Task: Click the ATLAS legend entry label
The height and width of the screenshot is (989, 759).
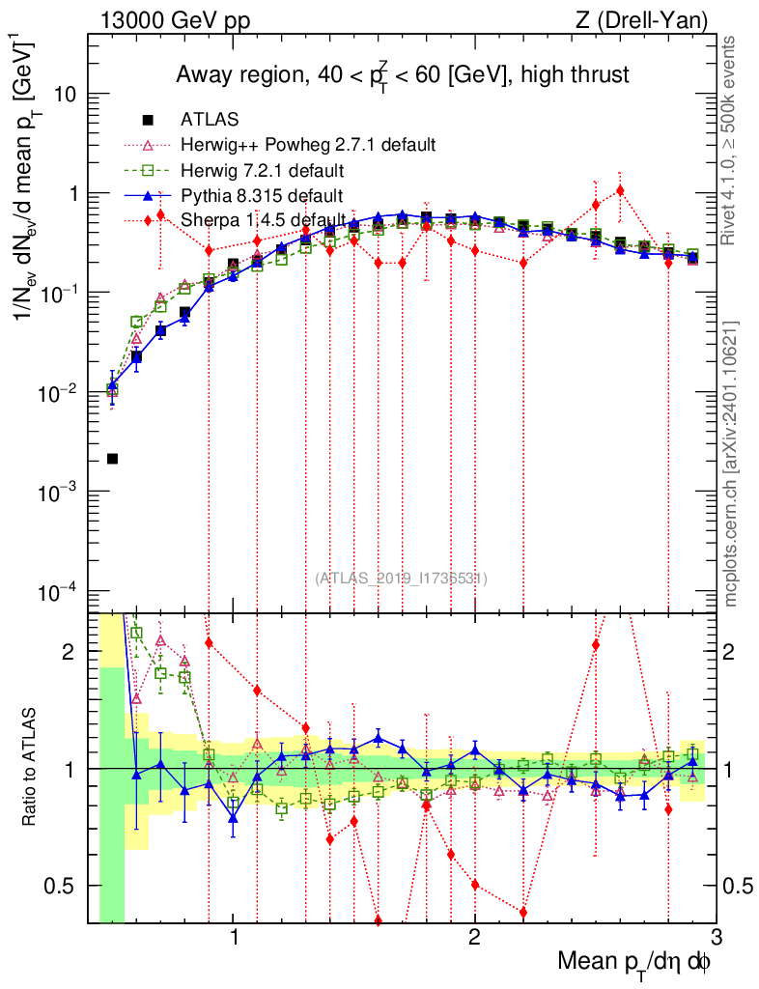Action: point(210,120)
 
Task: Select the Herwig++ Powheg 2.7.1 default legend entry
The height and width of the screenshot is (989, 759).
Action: point(308,145)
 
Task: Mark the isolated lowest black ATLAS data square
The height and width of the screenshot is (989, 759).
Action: point(112,458)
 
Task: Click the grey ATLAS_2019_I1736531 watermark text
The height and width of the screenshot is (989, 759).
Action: point(401,578)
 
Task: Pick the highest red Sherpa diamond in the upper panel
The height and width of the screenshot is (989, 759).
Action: point(620,190)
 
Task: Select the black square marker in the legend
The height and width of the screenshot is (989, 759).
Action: point(148,120)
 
